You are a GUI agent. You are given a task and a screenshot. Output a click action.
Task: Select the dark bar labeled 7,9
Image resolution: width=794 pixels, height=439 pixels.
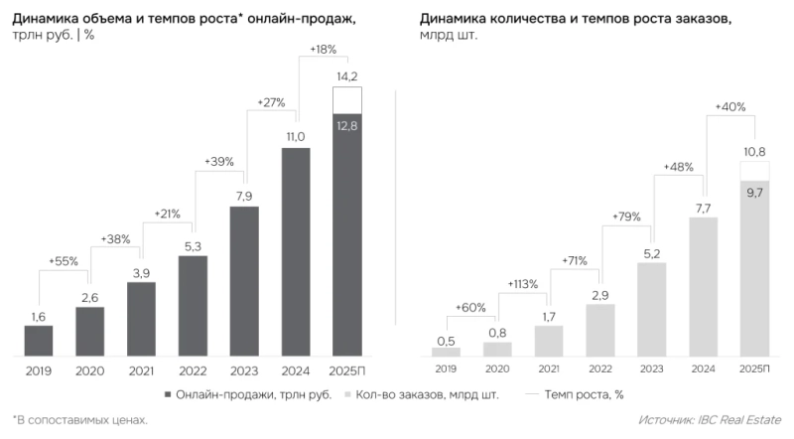244,281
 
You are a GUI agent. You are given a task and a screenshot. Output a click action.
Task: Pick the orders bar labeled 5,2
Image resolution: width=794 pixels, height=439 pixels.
651,309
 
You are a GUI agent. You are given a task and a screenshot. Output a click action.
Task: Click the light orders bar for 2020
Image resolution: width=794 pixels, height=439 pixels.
497,349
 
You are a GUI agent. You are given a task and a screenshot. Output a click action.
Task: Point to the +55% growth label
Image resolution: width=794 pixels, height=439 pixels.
65,261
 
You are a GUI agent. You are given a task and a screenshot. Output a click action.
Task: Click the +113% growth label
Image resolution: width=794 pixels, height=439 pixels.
522,284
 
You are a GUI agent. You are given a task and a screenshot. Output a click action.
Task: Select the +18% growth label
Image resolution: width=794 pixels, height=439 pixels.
324,49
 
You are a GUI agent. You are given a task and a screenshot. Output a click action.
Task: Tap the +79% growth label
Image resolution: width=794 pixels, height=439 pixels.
625,217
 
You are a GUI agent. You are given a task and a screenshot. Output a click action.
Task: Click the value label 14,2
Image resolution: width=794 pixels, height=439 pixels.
347,76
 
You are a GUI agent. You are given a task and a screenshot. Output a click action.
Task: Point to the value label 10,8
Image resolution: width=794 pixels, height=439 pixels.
754,151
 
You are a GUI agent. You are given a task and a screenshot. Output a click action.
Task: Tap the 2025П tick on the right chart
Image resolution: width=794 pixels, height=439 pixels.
754,368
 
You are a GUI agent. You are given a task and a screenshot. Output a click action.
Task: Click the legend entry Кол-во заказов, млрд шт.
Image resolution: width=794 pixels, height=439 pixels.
420,394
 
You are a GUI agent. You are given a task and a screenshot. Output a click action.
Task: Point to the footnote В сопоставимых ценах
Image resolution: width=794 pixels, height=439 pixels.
79,421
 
